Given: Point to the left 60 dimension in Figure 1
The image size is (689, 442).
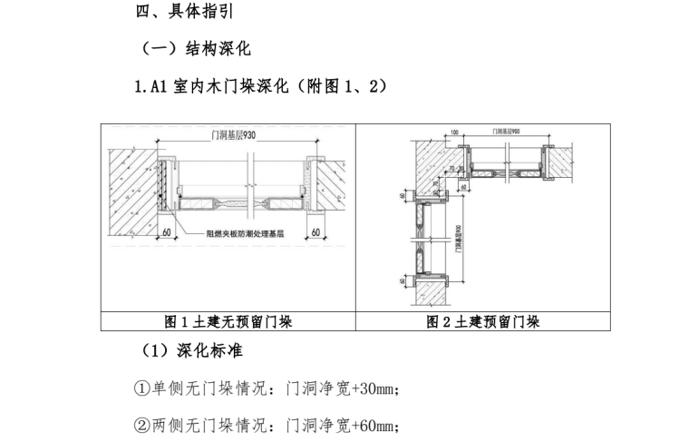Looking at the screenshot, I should tap(166, 233).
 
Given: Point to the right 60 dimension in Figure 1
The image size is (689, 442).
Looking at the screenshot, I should tap(315, 233).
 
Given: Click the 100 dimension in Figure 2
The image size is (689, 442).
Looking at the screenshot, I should tap(454, 133).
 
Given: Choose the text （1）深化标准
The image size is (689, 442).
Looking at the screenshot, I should tap(190, 350).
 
